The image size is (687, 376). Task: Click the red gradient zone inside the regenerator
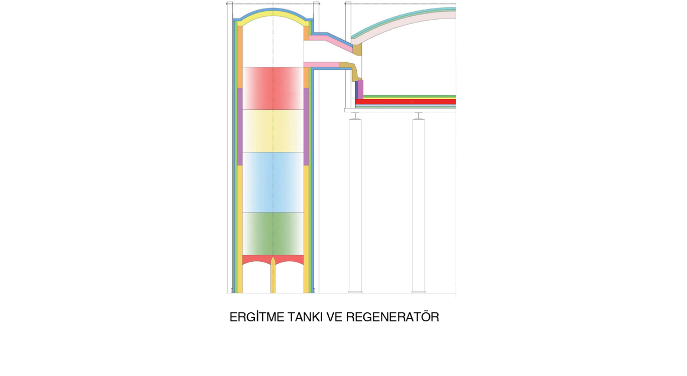coord(273,88)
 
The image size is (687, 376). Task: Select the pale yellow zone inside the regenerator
coord(273,131)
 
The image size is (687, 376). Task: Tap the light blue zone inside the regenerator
coord(273,182)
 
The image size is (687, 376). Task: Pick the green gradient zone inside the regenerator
coord(273,233)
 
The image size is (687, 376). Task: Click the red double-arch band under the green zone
coord(256,259)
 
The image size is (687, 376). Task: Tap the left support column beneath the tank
coord(355,206)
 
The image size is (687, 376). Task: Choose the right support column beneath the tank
coord(419,206)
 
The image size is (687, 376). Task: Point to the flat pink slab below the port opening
coord(321,65)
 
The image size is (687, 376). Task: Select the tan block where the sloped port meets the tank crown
coord(357,50)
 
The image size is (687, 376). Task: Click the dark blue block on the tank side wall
coord(356,89)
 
